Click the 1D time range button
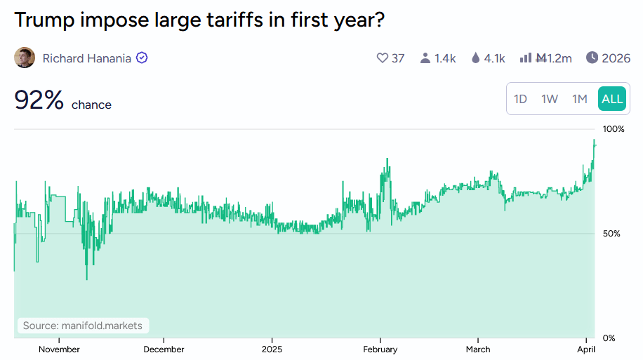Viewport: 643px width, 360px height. [520, 99]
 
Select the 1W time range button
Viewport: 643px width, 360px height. [550, 99]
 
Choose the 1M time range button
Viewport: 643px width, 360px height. [579, 99]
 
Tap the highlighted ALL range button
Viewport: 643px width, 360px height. [612, 99]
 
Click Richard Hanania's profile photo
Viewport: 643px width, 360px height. [25, 58]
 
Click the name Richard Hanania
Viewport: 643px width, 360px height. [87, 58]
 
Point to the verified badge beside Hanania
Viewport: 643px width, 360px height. [142, 58]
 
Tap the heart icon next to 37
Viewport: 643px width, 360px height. [383, 58]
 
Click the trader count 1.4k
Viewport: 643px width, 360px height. [444, 58]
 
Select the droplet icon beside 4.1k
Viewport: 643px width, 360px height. [476, 58]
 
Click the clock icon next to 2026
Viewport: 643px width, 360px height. [592, 58]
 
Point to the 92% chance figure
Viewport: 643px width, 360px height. [39, 101]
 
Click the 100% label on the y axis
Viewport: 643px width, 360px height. [614, 130]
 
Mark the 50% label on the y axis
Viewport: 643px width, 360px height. [611, 234]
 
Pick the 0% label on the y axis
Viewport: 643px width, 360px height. [609, 338]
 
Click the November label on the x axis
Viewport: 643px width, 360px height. [59, 349]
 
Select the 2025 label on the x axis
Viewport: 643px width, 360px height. [272, 349]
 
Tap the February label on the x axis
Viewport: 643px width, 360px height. [380, 349]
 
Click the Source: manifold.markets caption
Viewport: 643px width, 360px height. [83, 326]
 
